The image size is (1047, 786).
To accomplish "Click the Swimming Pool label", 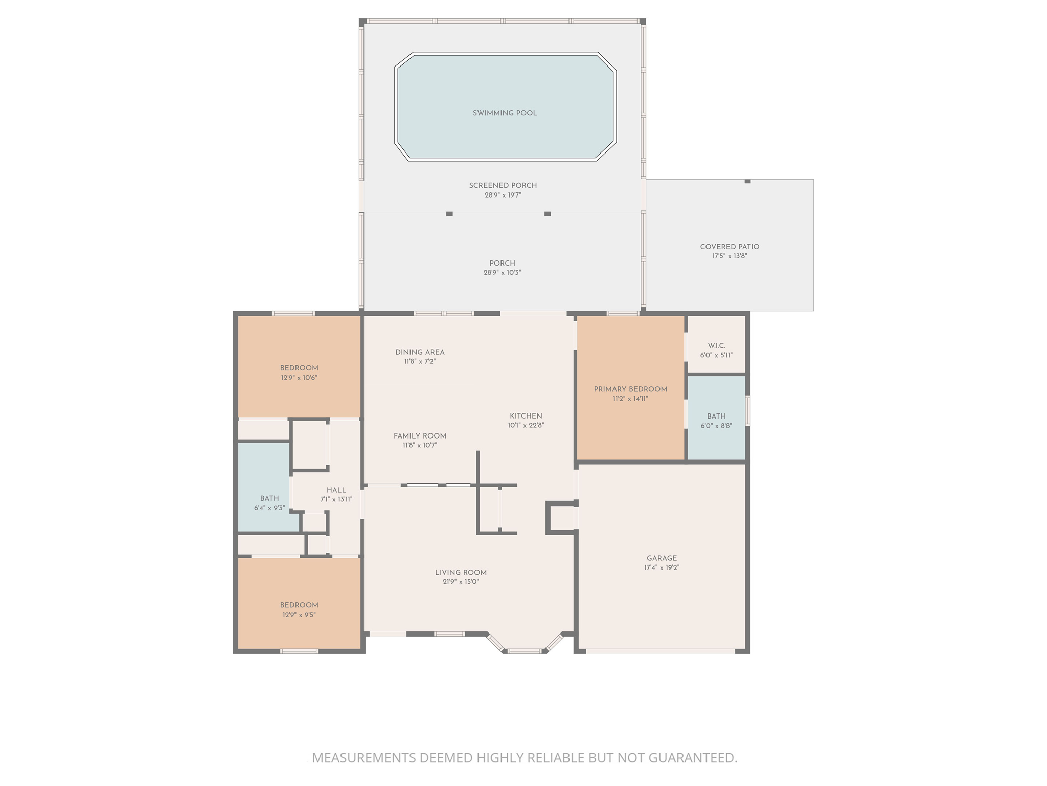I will pyautogui.click(x=505, y=113).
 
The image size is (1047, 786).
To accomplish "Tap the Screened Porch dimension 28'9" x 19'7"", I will pyautogui.click(x=503, y=195).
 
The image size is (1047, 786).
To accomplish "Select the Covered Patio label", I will pyautogui.click(x=730, y=247).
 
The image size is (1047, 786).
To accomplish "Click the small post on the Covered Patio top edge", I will pyautogui.click(x=747, y=181).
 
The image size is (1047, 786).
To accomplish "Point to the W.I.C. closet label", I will pyautogui.click(x=716, y=346).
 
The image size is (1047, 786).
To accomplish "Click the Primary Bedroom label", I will pyautogui.click(x=630, y=389).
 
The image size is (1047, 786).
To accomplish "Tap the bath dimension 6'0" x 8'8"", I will pyautogui.click(x=716, y=426).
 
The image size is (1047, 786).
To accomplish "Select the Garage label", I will pyautogui.click(x=662, y=558).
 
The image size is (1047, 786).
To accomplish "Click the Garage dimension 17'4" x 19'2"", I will pyautogui.click(x=662, y=567).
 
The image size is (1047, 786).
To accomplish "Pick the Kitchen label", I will pyautogui.click(x=526, y=416).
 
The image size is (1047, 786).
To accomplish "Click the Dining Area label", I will pyautogui.click(x=420, y=352).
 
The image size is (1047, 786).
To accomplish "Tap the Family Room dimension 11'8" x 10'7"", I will pyautogui.click(x=420, y=445).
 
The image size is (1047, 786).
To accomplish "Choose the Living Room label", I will pyautogui.click(x=461, y=573).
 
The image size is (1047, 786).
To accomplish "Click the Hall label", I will pyautogui.click(x=336, y=490).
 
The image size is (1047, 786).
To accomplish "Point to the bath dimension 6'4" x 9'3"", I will pyautogui.click(x=269, y=508).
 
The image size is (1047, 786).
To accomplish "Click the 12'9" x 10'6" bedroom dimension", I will pyautogui.click(x=299, y=378).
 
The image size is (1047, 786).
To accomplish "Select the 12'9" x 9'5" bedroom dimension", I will pyautogui.click(x=299, y=615).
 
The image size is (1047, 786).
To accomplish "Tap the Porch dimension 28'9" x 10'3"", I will pyautogui.click(x=502, y=273).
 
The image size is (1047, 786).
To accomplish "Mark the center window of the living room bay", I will pyautogui.click(x=525, y=651).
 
